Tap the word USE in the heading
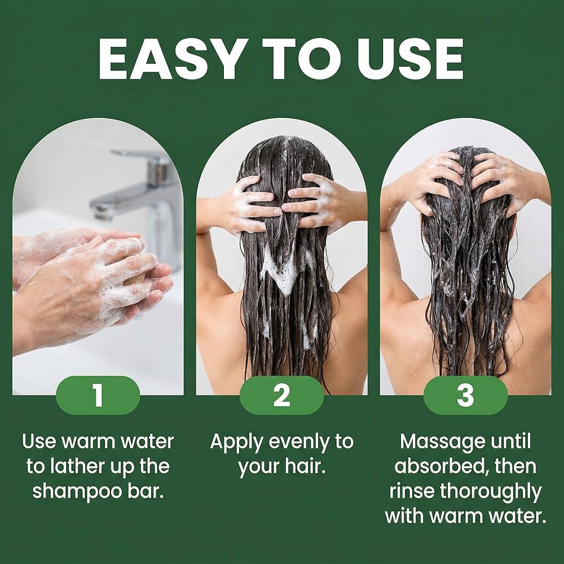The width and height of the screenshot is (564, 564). (410, 58)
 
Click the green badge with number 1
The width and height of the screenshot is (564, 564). (98, 395)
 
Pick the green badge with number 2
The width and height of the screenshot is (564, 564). (281, 395)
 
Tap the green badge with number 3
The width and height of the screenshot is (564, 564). (465, 395)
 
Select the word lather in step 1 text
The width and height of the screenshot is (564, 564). (77, 466)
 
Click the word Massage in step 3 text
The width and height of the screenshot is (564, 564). (442, 442)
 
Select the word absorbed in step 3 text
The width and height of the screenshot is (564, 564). (442, 466)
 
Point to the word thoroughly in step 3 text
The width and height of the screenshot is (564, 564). (491, 492)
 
